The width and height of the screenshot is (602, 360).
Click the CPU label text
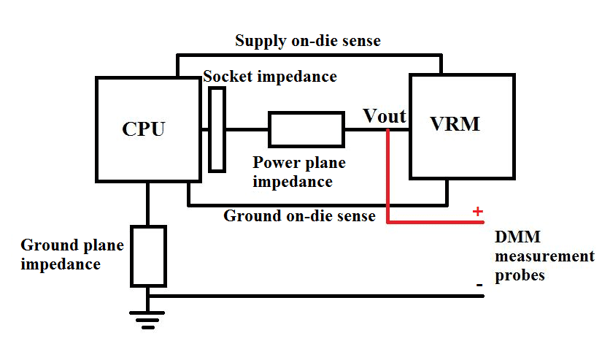[x=144, y=129]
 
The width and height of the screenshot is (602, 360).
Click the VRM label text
[x=455, y=124]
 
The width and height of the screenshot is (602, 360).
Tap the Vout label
[x=385, y=116]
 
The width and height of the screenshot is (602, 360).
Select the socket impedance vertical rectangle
[x=217, y=129]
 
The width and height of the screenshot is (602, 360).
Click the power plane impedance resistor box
[x=306, y=129]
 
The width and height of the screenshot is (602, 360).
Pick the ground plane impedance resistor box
[x=148, y=256]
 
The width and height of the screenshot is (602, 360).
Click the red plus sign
[x=478, y=212]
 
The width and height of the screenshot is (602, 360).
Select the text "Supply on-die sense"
[x=307, y=41]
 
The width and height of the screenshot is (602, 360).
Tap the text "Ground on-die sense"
[x=299, y=216]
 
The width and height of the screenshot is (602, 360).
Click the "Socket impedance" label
[x=270, y=77]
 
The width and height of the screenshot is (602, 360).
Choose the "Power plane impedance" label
[x=298, y=172]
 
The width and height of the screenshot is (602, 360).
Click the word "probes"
[x=520, y=276]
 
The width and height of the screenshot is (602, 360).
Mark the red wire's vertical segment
[x=387, y=175]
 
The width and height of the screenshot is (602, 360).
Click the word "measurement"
[x=544, y=257]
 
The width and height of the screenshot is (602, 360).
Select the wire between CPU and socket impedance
[x=205, y=129]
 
